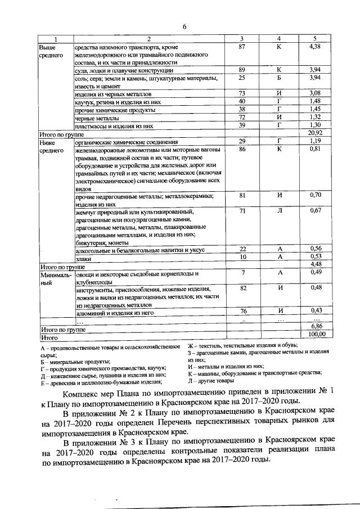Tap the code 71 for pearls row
pyautogui.click(x=243, y=210)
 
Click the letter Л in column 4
pyautogui.click(x=278, y=210)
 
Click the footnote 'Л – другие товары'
pyautogui.click(x=212, y=381)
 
